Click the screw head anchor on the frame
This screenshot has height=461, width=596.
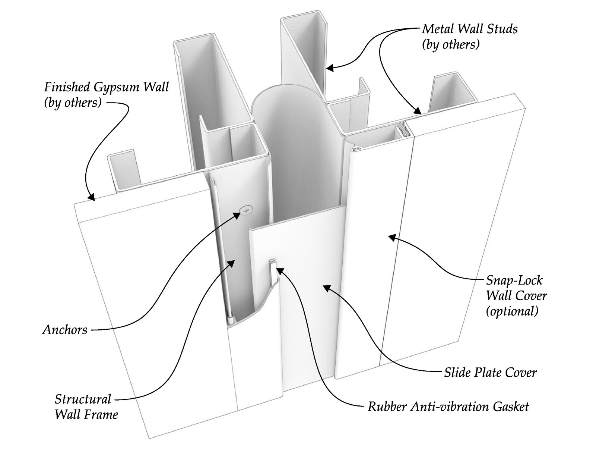pyautogui.click(x=245, y=210)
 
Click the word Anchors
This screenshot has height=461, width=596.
pyautogui.click(x=65, y=329)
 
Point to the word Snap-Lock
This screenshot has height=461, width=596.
pyautogui.click(x=514, y=280)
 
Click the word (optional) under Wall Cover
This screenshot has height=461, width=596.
pyautogui.click(x=512, y=311)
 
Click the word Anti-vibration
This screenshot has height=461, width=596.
pyautogui.click(x=450, y=407)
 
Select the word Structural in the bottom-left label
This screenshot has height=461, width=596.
pyautogui.click(x=83, y=399)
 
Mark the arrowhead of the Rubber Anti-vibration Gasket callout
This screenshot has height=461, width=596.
pyautogui.click(x=279, y=270)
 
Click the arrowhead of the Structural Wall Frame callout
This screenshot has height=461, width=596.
pyautogui.click(x=231, y=263)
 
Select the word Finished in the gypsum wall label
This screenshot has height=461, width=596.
pyautogui.click(x=67, y=87)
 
